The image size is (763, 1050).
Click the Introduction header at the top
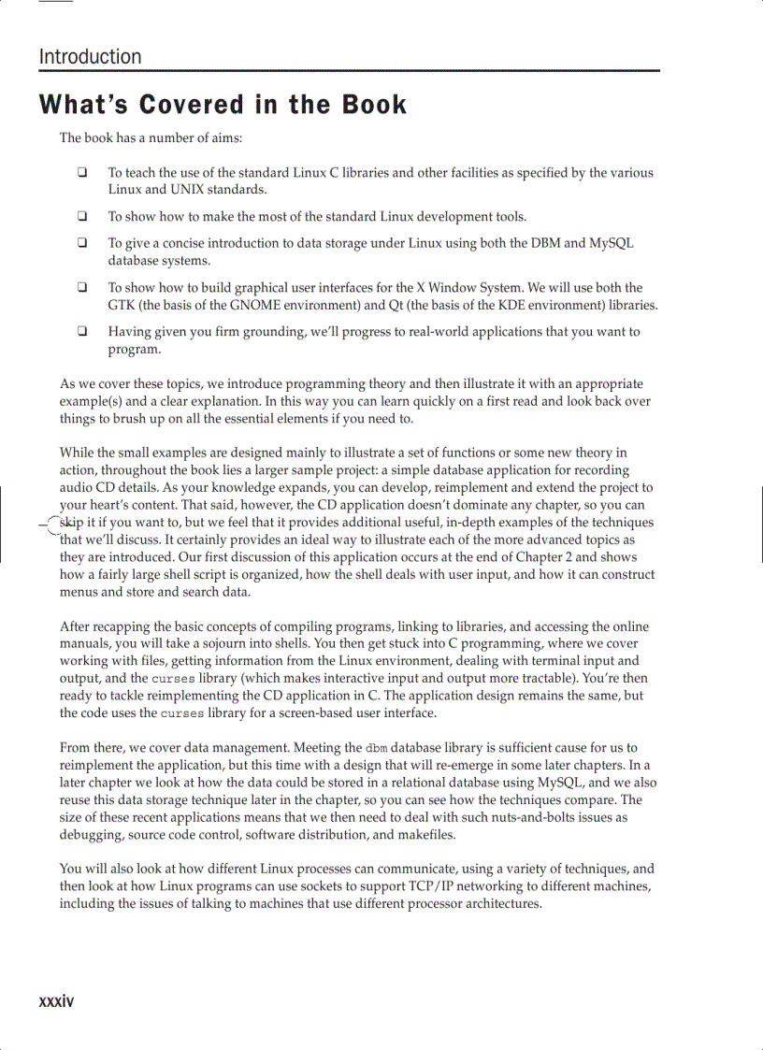[91, 57]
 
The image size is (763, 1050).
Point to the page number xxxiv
[56, 1001]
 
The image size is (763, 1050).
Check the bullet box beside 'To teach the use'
[82, 172]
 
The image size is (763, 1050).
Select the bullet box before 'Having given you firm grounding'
[82, 331]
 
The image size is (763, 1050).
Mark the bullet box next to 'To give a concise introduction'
[82, 243]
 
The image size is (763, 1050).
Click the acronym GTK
[121, 306]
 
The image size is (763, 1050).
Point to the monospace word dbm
[376, 748]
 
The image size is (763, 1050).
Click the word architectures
[501, 904]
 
